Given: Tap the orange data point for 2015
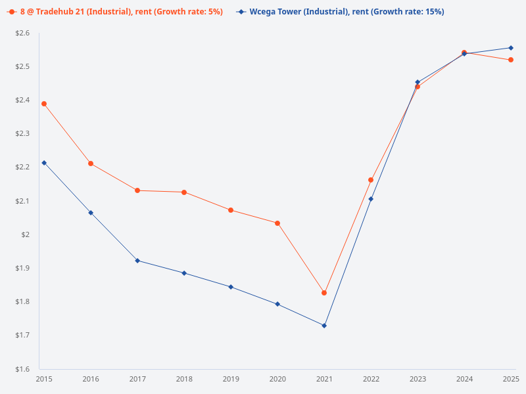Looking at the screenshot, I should point(44,104).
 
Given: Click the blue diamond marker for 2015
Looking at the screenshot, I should point(44,163).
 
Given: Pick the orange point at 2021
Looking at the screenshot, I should point(324,293).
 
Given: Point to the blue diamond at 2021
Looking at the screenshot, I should point(324,326).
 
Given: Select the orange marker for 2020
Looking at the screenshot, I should point(277,223).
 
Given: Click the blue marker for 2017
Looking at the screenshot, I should point(137,261).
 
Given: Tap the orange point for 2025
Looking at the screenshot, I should point(511,60).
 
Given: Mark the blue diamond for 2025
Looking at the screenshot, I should point(511,48).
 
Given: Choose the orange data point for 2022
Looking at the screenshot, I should point(371,180).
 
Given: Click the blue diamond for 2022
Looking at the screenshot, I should point(371,199).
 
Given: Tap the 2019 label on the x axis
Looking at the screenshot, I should point(231,380).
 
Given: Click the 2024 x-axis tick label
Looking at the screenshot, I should point(464,380).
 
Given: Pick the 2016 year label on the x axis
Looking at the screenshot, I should point(91,380).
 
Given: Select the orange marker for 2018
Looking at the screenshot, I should point(184,192).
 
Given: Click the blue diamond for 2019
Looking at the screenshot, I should point(231,287).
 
